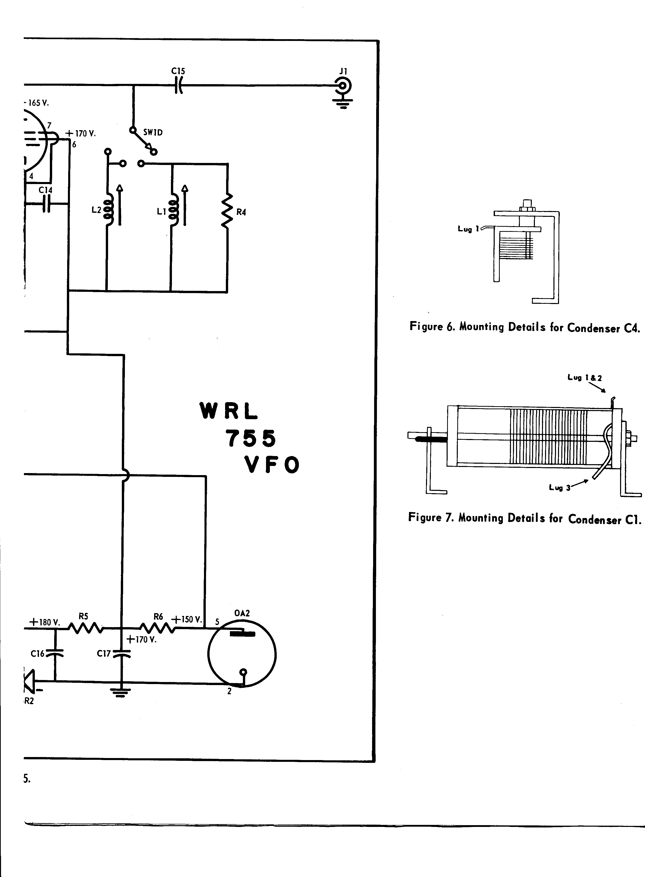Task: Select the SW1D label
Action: coord(153,132)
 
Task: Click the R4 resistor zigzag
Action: coord(227,211)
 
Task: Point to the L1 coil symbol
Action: coord(173,211)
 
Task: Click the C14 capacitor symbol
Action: coord(46,203)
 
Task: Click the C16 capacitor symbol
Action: coord(55,653)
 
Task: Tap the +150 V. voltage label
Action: coord(187,619)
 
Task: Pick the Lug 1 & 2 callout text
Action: coord(584,378)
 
